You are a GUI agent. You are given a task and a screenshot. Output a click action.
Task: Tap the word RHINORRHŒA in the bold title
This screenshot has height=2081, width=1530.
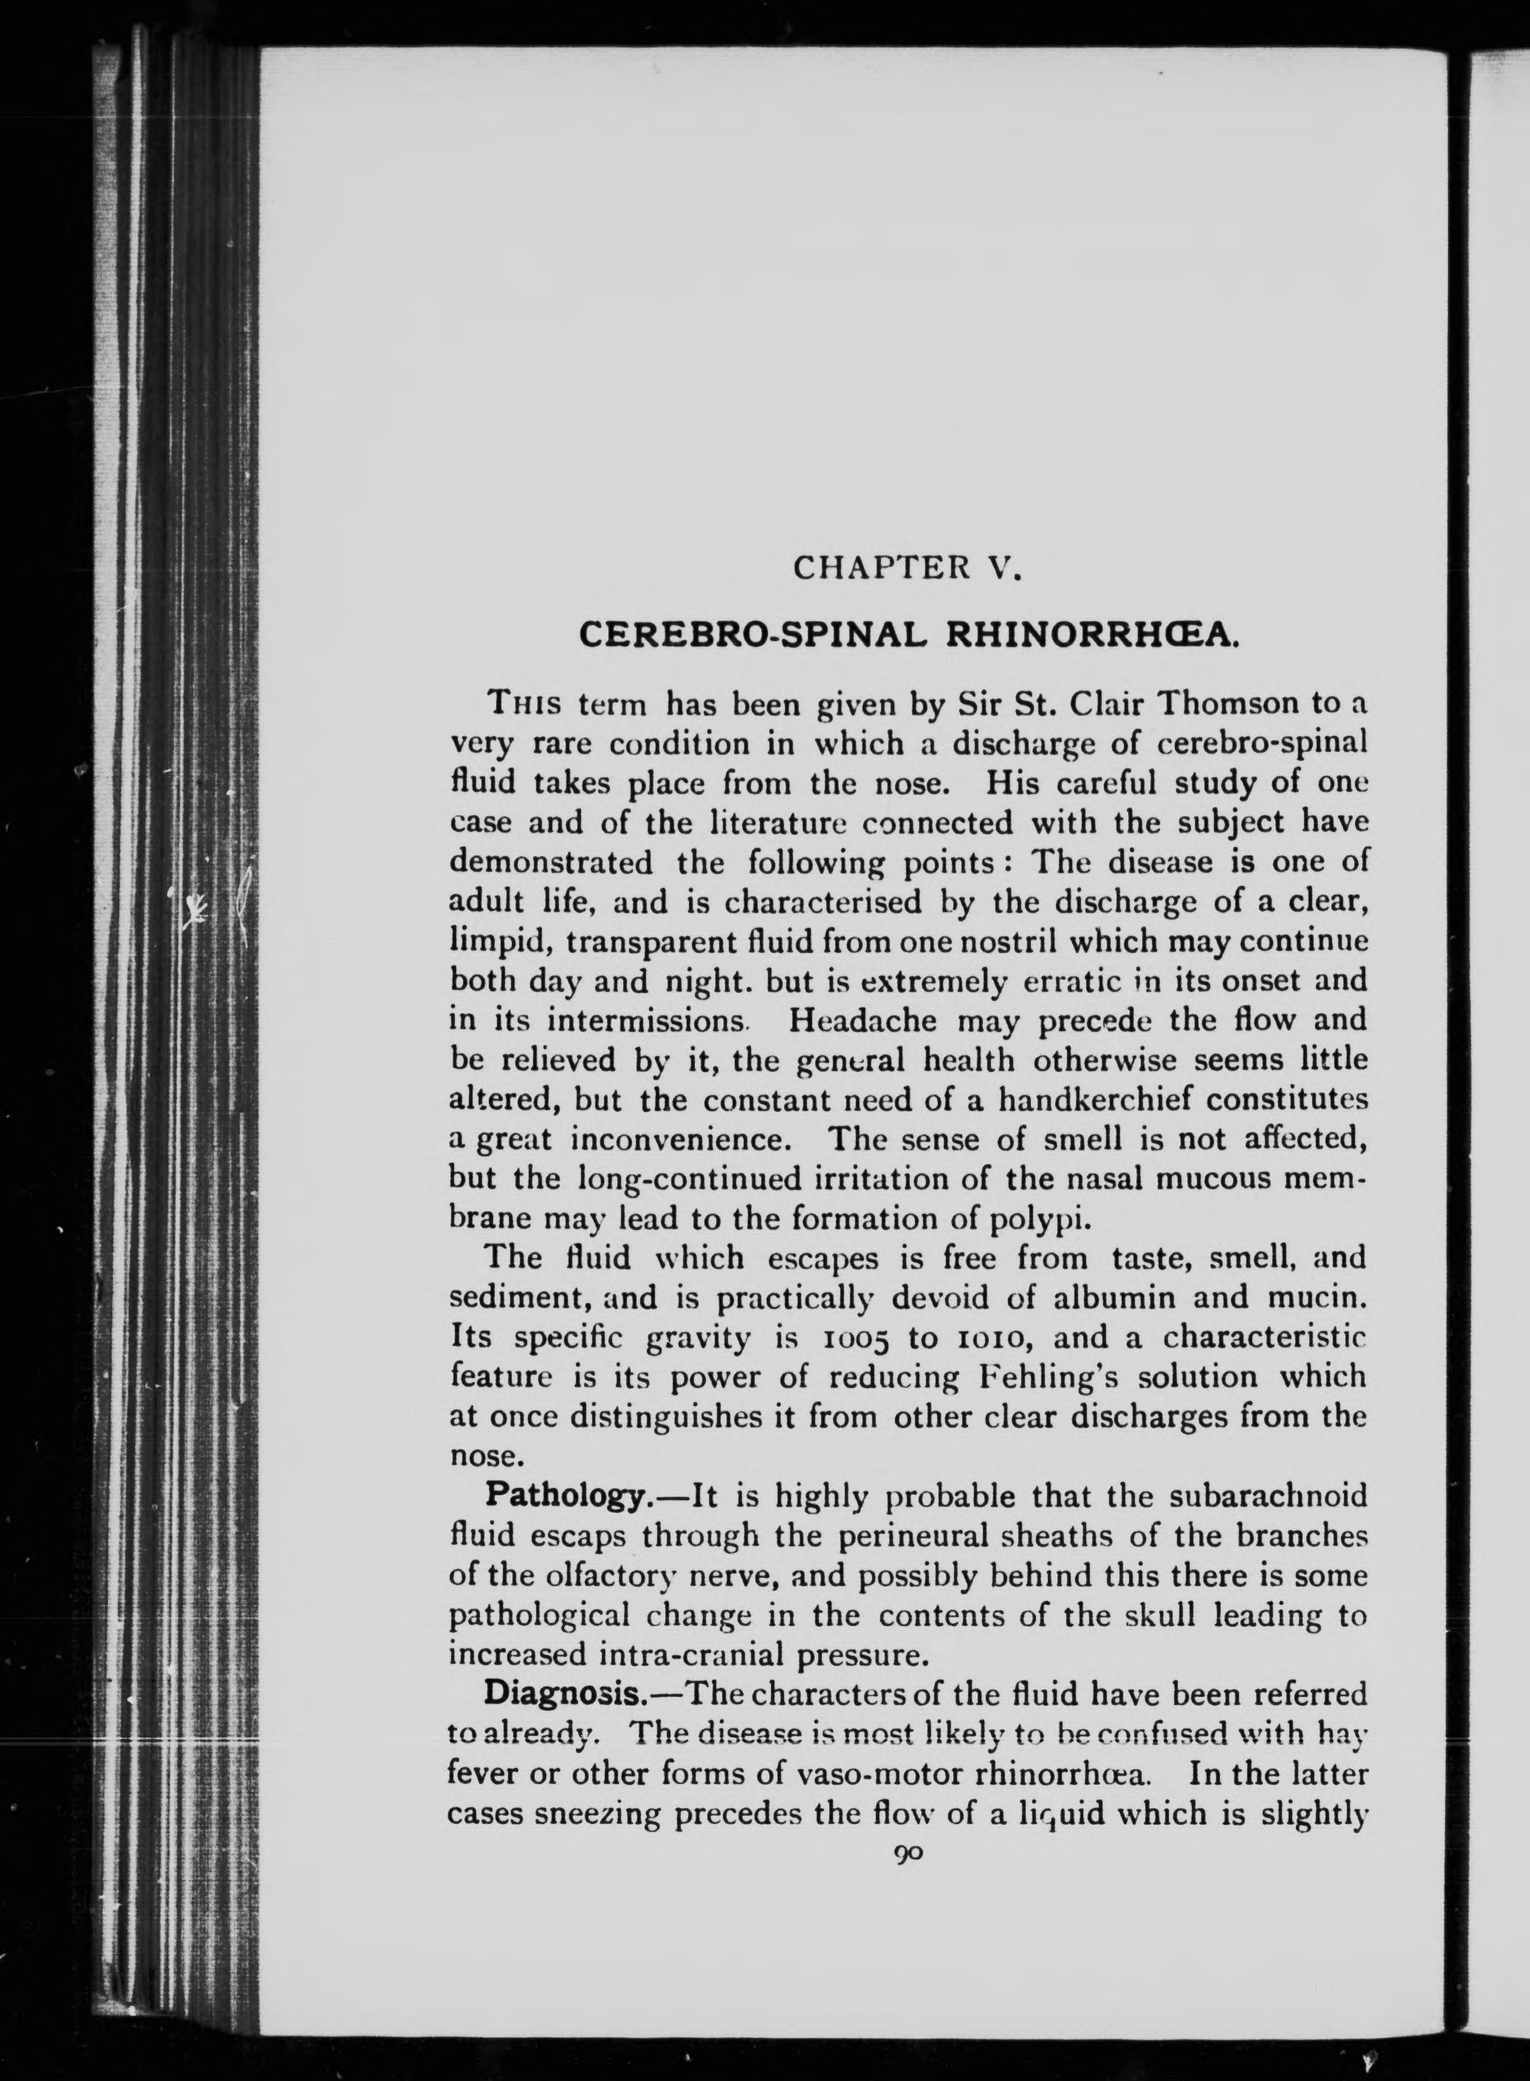[x=1092, y=635]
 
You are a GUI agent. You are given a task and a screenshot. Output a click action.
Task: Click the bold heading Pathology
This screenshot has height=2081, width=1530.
[x=564, y=1497]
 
